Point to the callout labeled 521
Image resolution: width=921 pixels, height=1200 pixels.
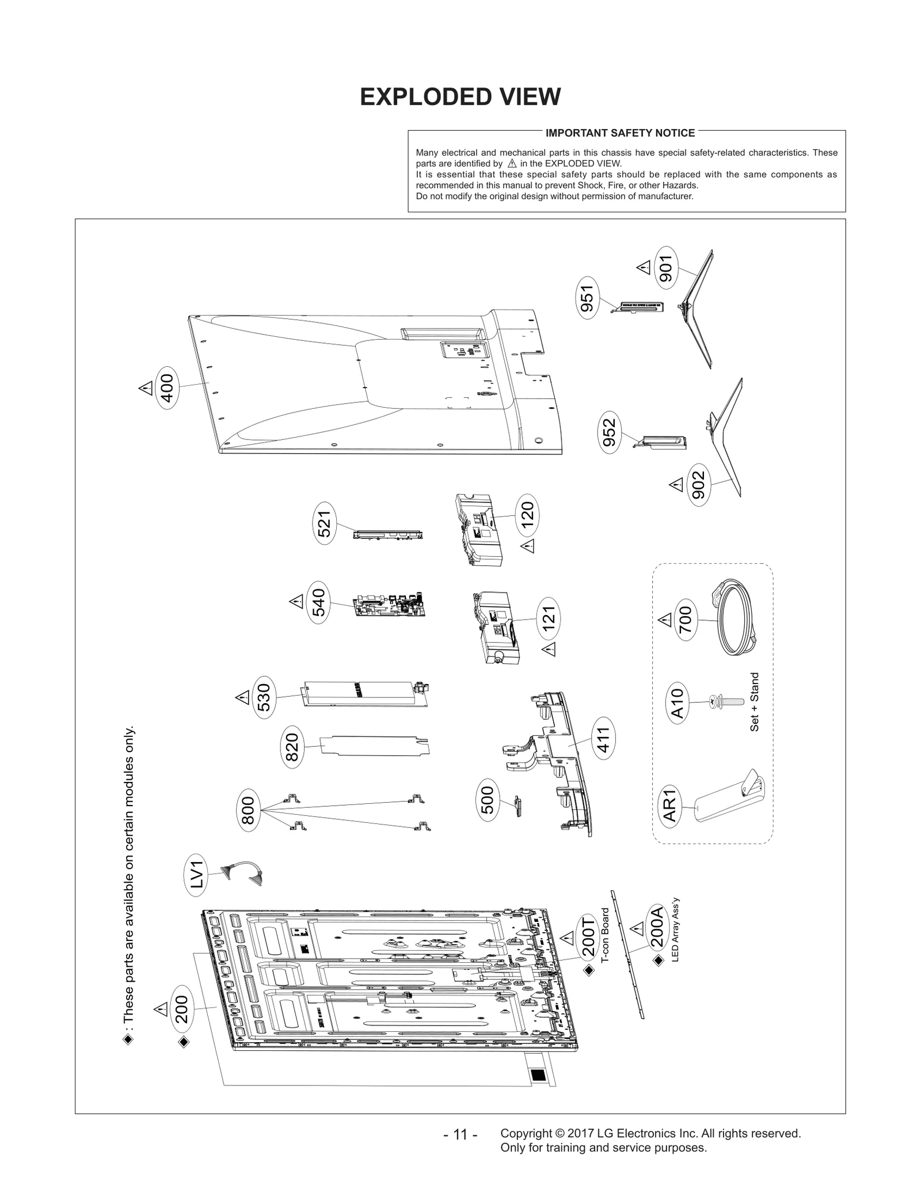tap(326, 523)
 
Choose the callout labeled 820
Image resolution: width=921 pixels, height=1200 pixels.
tap(293, 747)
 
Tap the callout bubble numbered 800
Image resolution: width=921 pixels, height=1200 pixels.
tap(249, 810)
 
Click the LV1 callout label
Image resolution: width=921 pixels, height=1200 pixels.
tap(197, 874)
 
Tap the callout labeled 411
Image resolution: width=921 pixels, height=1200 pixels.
tap(604, 739)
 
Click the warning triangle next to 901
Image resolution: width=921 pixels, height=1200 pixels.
tap(644, 267)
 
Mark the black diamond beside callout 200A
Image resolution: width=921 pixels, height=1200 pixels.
tap(659, 960)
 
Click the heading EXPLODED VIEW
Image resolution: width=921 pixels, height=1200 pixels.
tap(460, 97)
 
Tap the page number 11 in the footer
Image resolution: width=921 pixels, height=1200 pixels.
tap(460, 1134)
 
